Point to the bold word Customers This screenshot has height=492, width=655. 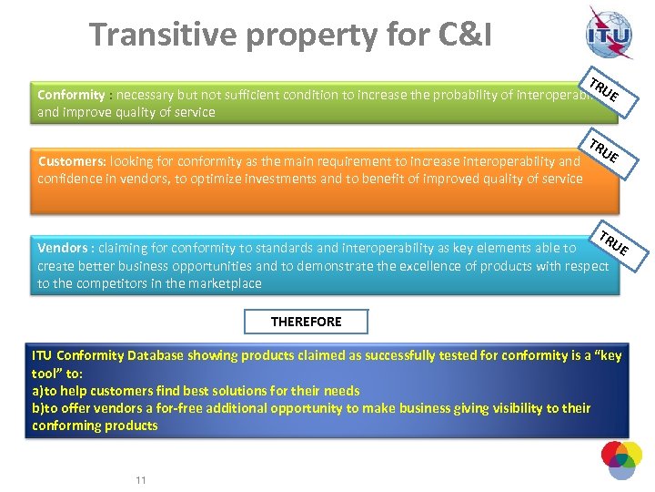click(x=72, y=161)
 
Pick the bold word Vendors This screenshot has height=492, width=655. click(x=63, y=248)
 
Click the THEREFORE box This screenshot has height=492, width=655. click(x=306, y=322)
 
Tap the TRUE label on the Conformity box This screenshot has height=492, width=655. click(x=604, y=89)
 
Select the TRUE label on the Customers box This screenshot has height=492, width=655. click(x=602, y=150)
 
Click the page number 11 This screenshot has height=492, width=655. click(x=140, y=480)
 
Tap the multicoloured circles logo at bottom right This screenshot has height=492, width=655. click(x=621, y=460)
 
